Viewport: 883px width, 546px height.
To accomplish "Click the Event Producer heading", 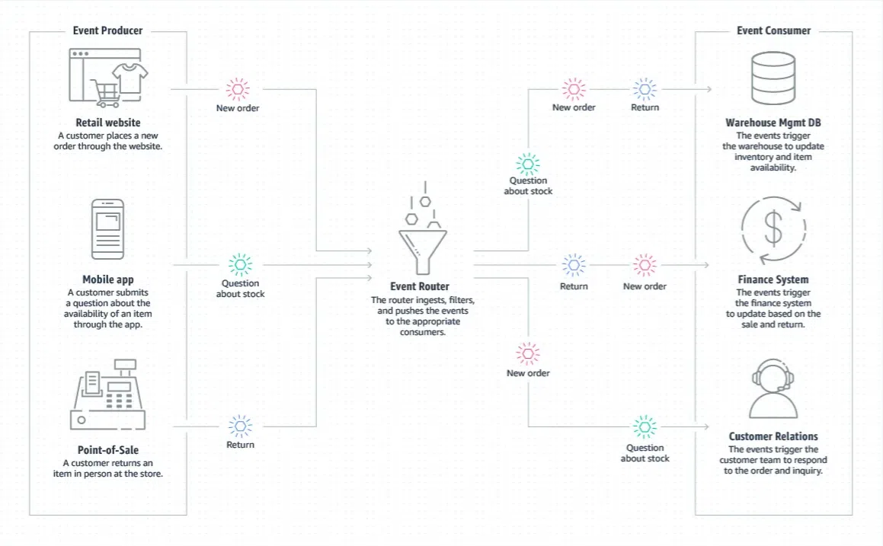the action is pos(107,30).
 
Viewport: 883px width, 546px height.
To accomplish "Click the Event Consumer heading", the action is pos(774,30).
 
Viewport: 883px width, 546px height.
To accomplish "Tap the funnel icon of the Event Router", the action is pos(422,251).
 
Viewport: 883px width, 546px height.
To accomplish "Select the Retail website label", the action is pos(108,122).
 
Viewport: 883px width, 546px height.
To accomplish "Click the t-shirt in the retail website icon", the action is pos(130,78).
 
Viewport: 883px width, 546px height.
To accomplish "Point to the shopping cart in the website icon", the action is pos(105,94).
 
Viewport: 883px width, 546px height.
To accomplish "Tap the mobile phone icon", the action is pos(107,229).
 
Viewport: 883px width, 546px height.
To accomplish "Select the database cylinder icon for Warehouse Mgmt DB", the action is pos(774,78).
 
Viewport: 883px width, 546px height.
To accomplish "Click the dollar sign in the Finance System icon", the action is pos(773,228).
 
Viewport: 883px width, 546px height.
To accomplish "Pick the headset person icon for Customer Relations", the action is pos(773,389).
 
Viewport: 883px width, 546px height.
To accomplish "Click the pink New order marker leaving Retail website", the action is pos(238,89).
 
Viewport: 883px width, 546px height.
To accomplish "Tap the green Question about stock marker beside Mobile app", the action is pos(241,264).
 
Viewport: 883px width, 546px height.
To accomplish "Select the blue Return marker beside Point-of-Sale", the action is pos(241,426).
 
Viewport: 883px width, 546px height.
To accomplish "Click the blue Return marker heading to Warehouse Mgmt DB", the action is pos(645,89).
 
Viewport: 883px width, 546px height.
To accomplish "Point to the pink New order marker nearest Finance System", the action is pos(645,264).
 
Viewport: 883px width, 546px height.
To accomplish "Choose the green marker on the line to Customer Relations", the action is pos(645,427).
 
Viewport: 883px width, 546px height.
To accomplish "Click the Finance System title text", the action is pos(773,279).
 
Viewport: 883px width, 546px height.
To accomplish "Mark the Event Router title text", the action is pos(420,286).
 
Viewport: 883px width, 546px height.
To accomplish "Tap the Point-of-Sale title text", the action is pos(108,450).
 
